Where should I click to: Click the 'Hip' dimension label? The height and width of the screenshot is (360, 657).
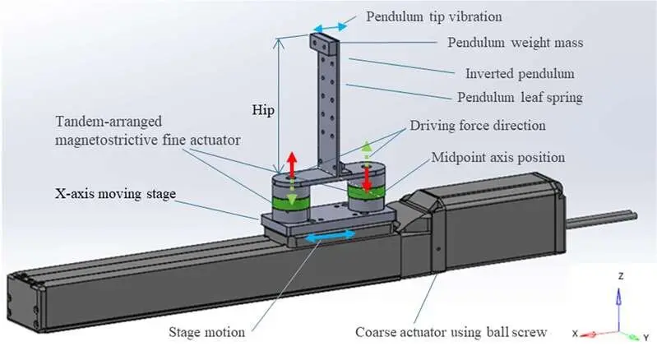coord(261,108)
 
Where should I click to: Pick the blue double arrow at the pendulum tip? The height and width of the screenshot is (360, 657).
coord(329,28)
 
